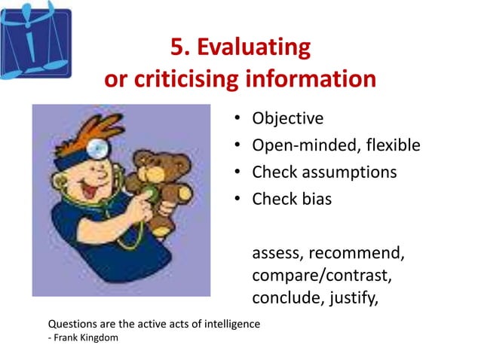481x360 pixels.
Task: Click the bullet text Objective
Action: tap(287, 118)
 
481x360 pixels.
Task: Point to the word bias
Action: tap(315, 200)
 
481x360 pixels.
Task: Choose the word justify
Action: tap(352, 299)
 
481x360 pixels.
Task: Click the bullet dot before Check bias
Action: tap(237, 200)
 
